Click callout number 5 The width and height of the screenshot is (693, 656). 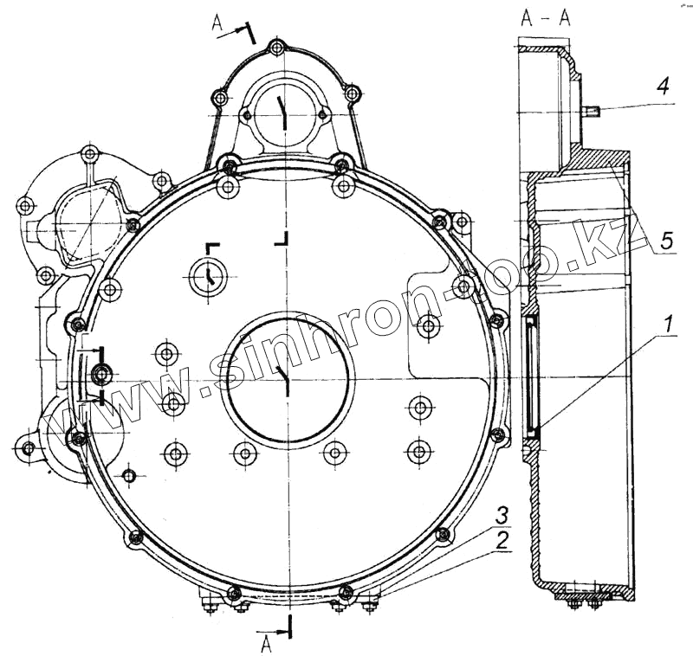pyautogui.click(x=664, y=241)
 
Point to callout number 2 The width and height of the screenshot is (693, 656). pyautogui.click(x=501, y=542)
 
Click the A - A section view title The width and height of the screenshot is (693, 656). pyautogui.click(x=546, y=19)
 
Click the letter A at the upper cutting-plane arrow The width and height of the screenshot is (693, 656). pyautogui.click(x=217, y=23)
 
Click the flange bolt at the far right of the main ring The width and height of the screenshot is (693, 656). pyautogui.click(x=495, y=321)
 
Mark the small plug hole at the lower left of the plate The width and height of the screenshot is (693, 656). pyautogui.click(x=129, y=475)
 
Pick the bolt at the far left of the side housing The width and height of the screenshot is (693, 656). pyautogui.click(x=25, y=207)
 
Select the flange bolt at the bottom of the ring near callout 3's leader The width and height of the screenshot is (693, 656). pyautogui.click(x=346, y=593)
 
